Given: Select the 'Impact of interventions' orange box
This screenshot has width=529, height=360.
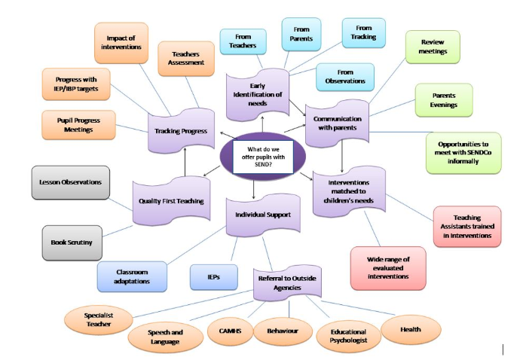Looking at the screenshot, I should pyautogui.click(x=121, y=43).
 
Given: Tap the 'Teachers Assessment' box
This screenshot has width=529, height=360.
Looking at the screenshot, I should pyautogui.click(x=187, y=59).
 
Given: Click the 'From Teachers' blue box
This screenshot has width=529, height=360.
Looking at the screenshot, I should pyautogui.click(x=242, y=41).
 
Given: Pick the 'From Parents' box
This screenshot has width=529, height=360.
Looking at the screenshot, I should pyautogui.click(x=302, y=34).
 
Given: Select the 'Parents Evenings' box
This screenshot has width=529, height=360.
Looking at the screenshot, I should pyautogui.click(x=444, y=100).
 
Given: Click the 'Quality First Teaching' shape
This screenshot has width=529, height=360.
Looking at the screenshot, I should pyautogui.click(x=170, y=201).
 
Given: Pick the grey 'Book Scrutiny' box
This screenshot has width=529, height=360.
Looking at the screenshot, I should pyautogui.click(x=72, y=242).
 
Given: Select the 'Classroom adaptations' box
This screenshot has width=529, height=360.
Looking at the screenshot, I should pyautogui.click(x=133, y=276).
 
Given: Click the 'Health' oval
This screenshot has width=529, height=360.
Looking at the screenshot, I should pyautogui.click(x=411, y=329).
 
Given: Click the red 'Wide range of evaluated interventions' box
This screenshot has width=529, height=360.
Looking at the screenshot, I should pyautogui.click(x=388, y=267).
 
